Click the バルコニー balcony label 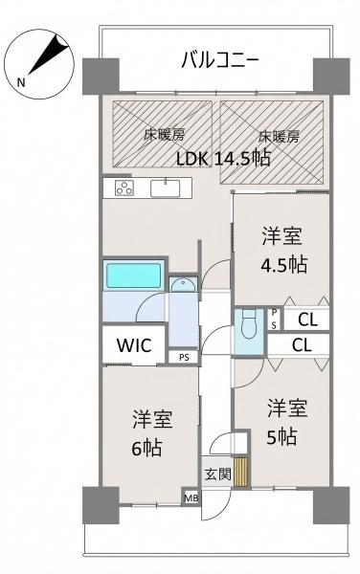coord(220,60)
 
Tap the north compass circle coord(39,64)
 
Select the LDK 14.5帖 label coord(223,159)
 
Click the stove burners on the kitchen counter coord(124,188)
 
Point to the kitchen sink coord(166,188)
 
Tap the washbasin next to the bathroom coord(183,284)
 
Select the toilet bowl coord(249,325)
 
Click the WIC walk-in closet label coord(134,345)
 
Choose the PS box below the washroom coord(184,357)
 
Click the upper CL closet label coord(307,320)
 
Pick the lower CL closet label coord(303,344)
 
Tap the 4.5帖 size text coord(283,265)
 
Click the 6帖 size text coord(146,448)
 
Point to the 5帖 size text coord(281,437)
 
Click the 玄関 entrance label coord(217,475)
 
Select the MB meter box coord(191,498)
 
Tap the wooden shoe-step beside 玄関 coord(240,472)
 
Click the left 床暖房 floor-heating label coord(164,136)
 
